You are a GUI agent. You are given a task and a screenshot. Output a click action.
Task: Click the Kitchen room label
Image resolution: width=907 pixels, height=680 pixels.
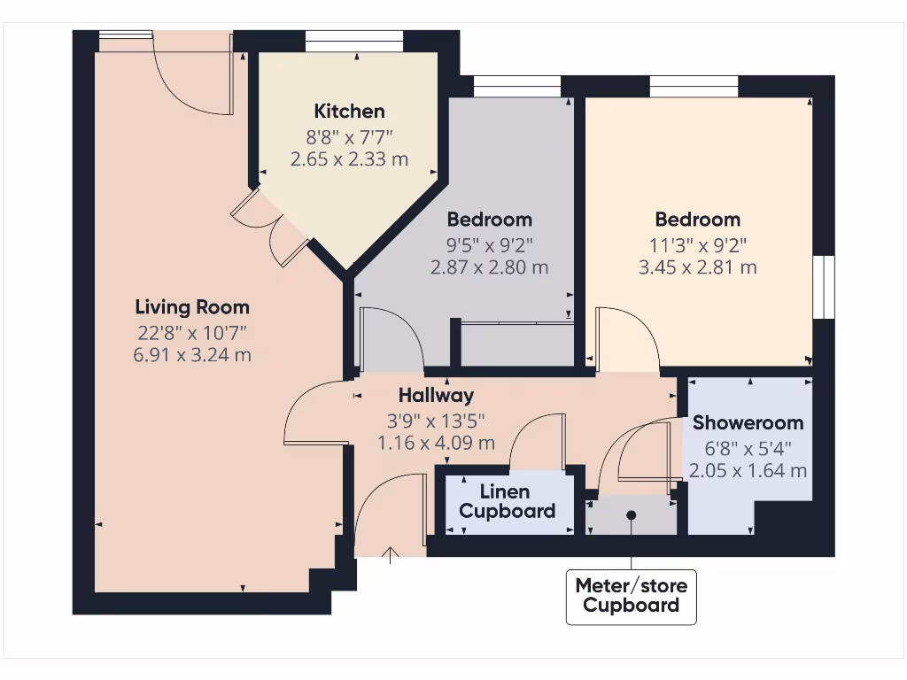tap(350, 112)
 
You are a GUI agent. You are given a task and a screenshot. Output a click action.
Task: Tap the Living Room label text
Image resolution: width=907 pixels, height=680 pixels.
tap(192, 307)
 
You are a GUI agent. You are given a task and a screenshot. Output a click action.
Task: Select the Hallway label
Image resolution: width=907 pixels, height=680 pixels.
tap(436, 396)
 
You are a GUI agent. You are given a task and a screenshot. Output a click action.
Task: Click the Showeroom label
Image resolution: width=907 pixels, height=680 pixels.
tap(748, 422)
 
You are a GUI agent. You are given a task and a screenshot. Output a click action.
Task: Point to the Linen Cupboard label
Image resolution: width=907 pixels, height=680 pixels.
tap(507, 501)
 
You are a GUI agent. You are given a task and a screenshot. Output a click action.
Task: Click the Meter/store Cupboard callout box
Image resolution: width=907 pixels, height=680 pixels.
tap(631, 595)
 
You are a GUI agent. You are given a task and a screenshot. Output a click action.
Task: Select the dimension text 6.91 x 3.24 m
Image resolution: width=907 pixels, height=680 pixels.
tap(192, 355)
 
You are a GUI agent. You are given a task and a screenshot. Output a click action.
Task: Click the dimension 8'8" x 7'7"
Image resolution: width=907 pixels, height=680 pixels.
tap(350, 136)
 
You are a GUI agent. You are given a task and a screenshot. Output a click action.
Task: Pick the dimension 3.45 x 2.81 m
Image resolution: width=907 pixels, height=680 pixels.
tap(698, 267)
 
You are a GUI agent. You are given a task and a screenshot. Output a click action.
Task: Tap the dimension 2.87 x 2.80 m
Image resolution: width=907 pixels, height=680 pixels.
tap(489, 267)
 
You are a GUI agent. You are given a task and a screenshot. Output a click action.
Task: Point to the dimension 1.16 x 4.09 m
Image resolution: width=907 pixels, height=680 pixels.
tap(436, 443)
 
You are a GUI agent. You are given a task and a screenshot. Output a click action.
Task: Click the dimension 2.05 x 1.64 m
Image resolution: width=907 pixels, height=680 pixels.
tap(748, 470)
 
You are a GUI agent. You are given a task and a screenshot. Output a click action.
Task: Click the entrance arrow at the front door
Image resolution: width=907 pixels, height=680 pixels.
tap(390, 555)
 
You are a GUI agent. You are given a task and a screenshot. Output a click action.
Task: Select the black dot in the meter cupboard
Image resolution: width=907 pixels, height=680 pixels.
tap(632, 514)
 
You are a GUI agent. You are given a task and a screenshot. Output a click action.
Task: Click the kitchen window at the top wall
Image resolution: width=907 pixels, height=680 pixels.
tap(355, 41)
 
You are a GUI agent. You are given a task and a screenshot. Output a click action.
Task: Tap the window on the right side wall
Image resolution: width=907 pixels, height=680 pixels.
tap(825, 287)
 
